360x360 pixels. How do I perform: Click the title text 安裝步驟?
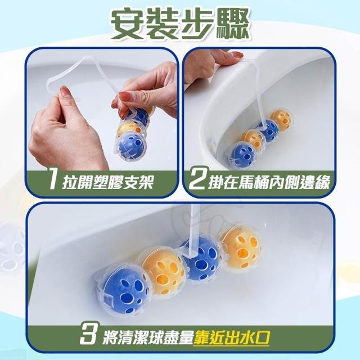point(180,25)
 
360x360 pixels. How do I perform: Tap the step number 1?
point(54,182)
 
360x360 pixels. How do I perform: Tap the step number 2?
point(198,182)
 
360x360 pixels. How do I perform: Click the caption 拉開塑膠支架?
point(108,182)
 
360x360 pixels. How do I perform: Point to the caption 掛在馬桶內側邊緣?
point(269,182)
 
